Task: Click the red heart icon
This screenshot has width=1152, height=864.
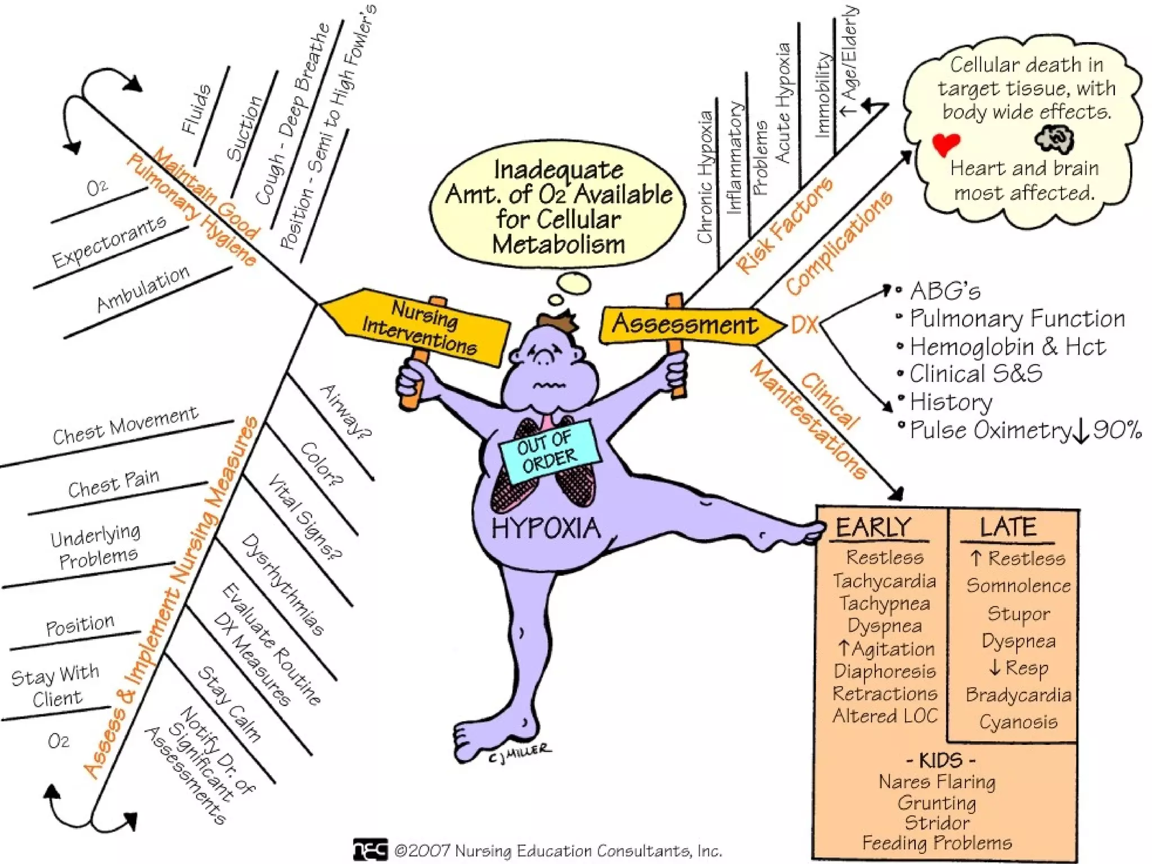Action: coord(946,143)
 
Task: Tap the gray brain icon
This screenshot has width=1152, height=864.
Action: coord(1054,138)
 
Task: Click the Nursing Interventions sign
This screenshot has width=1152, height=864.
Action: coord(419,326)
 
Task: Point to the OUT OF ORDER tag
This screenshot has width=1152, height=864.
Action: coord(547,450)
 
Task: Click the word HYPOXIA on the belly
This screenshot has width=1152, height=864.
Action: coord(546,529)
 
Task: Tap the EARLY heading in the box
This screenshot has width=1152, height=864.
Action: coord(873,528)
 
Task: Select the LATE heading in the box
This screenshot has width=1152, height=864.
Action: coord(1008,528)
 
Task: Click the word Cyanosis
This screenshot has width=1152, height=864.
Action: coord(1018,722)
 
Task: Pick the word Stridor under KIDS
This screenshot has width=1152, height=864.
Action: coord(937,823)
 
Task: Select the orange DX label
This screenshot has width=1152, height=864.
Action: coord(804,325)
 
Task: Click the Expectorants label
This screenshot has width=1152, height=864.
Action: coord(109,241)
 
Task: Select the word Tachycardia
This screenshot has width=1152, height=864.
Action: coord(884,580)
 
